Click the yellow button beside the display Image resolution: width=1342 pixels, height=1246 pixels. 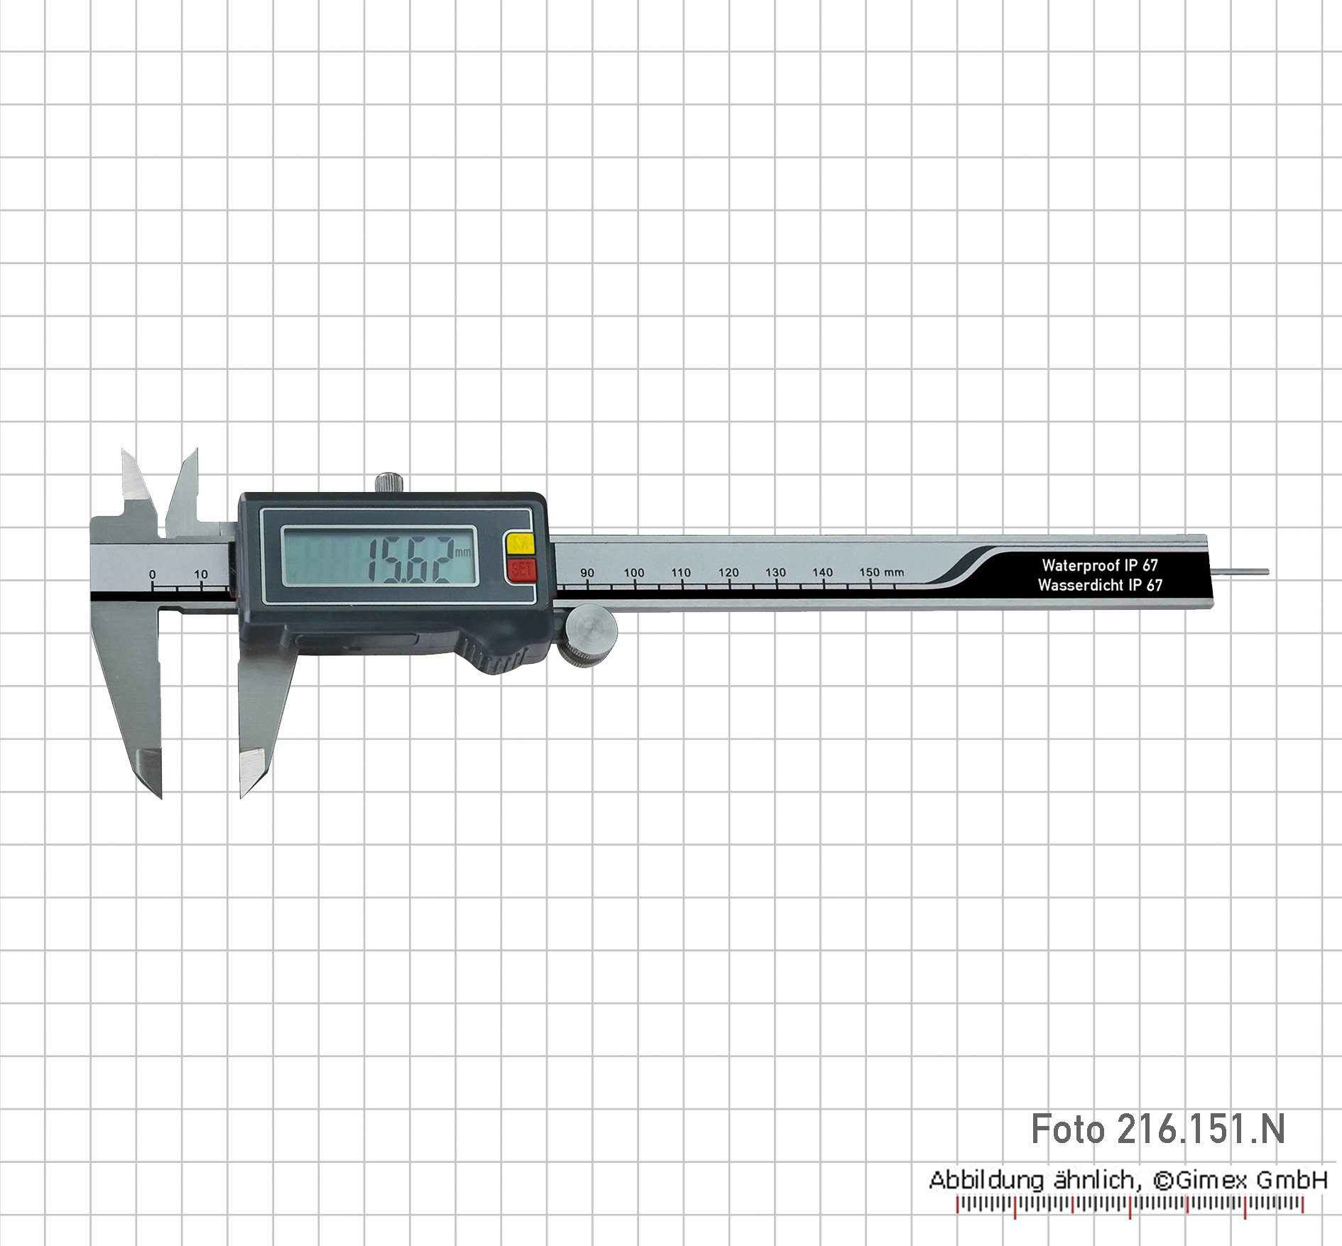coord(520,544)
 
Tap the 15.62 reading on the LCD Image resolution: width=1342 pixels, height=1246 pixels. coord(411,559)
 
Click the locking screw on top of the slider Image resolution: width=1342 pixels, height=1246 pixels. coord(389,482)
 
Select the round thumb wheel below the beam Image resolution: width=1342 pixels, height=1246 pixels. coord(590,636)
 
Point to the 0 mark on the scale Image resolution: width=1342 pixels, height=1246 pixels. coord(153,574)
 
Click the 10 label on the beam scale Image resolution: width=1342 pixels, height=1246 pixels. coord(201,574)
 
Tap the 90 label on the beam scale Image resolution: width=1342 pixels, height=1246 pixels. coord(587,573)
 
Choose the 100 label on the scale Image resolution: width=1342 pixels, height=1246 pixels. coord(634,573)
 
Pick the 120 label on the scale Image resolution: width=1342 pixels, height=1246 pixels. coord(729,572)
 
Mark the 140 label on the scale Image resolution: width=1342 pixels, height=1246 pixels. coord(823,572)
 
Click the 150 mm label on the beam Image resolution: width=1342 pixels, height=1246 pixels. coord(882,572)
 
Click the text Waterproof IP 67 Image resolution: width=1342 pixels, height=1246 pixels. coord(1100,565)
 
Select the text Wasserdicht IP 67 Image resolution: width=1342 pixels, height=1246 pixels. coord(1100,585)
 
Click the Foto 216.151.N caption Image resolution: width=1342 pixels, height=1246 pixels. coord(1158,1130)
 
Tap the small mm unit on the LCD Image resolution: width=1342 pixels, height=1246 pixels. coord(463,552)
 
